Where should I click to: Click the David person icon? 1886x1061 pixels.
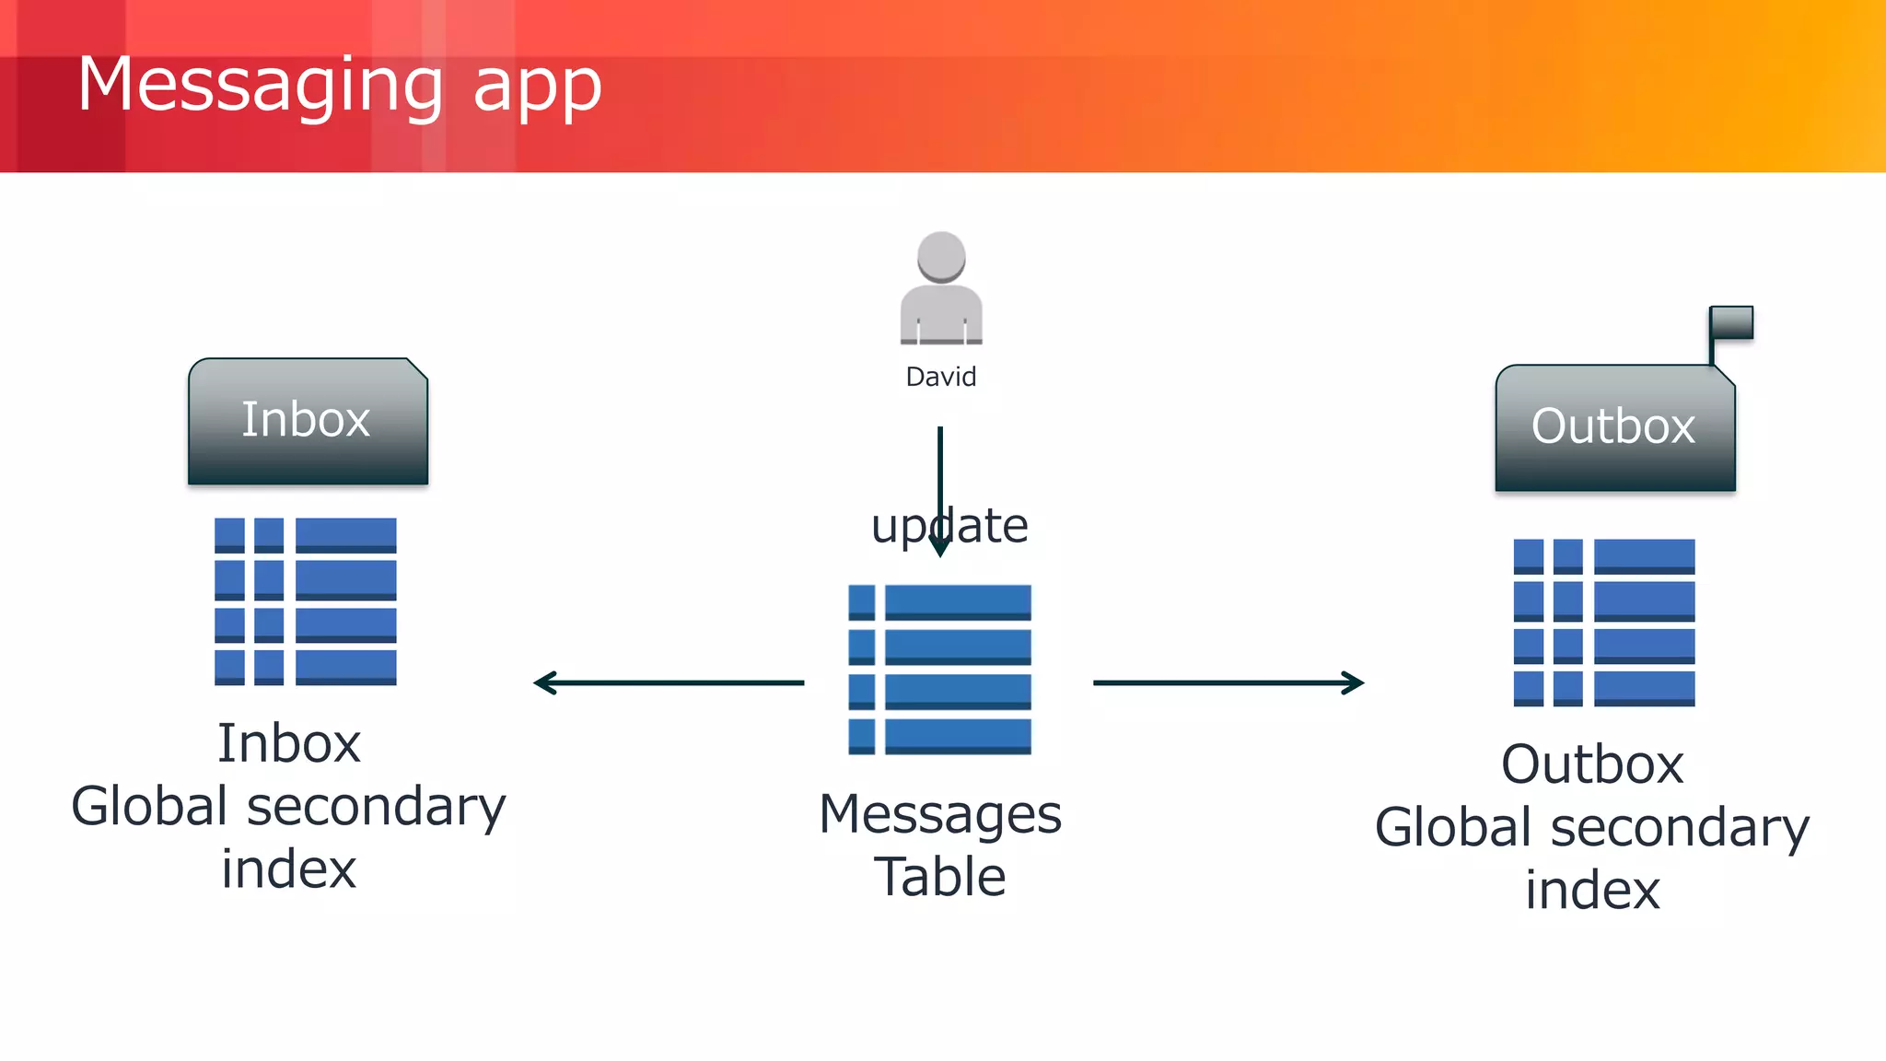pyautogui.click(x=941, y=288)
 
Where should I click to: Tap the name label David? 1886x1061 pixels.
pyautogui.click(x=940, y=377)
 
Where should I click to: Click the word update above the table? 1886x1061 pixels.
pyautogui.click(x=949, y=527)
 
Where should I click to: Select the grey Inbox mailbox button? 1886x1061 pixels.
pyautogui.click(x=308, y=421)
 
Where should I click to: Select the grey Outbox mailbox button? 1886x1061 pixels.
pyautogui.click(x=1614, y=427)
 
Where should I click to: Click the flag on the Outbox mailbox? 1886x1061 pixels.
pyautogui.click(x=1731, y=323)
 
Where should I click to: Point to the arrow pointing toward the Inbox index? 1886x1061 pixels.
pyautogui.click(x=668, y=682)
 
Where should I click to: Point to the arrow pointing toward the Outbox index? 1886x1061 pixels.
pyautogui.click(x=1228, y=682)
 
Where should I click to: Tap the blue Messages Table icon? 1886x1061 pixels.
pyautogui.click(x=939, y=670)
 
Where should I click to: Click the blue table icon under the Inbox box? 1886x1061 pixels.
pyautogui.click(x=306, y=601)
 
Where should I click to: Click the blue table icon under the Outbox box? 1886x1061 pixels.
pyautogui.click(x=1604, y=623)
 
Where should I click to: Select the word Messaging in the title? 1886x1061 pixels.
pyautogui.click(x=261, y=86)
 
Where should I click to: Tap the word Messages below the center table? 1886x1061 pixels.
pyautogui.click(x=940, y=815)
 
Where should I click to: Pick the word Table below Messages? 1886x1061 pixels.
pyautogui.click(x=940, y=876)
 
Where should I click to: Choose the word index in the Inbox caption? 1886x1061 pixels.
pyautogui.click(x=288, y=869)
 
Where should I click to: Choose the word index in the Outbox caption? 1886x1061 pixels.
pyautogui.click(x=1592, y=890)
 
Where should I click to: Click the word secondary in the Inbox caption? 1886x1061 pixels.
pyautogui.click(x=376, y=808)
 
